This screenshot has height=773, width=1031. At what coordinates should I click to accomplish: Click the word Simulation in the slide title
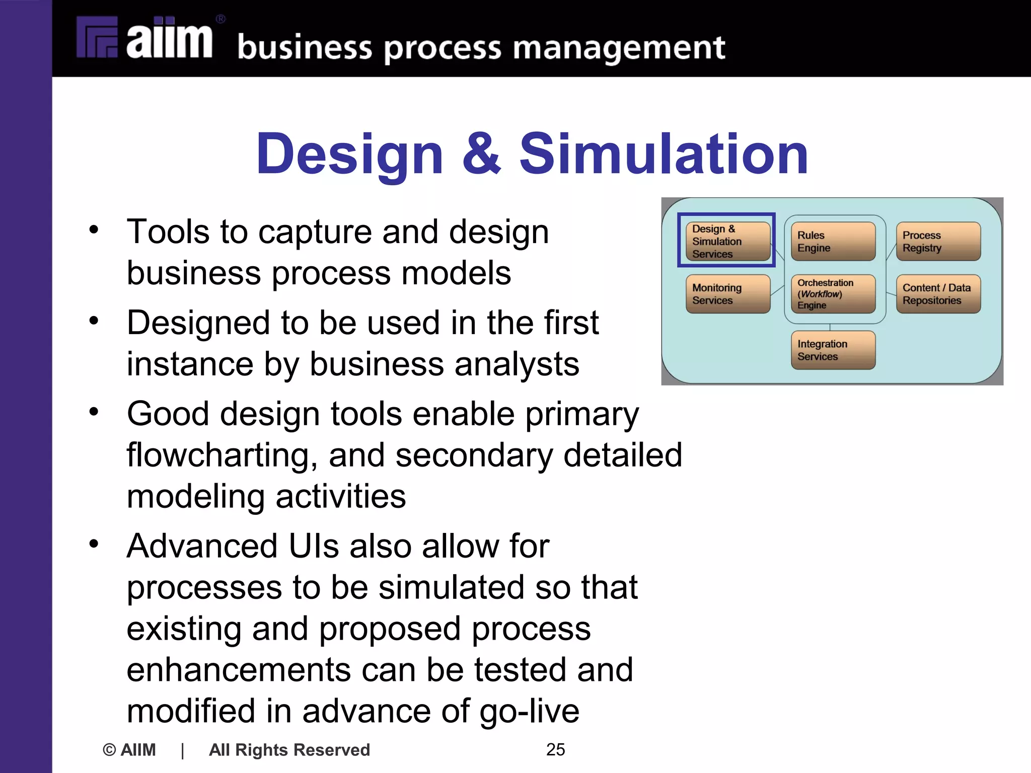click(x=664, y=153)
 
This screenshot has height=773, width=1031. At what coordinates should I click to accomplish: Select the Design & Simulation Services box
click(x=727, y=241)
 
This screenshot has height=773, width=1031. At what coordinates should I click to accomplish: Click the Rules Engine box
click(x=833, y=242)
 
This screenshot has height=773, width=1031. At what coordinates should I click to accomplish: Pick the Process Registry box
click(x=938, y=242)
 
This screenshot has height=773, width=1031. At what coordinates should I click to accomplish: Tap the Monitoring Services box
click(x=727, y=294)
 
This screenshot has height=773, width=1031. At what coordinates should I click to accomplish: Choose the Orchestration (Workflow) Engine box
click(x=833, y=294)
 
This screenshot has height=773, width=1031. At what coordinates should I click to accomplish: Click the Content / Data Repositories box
click(x=938, y=294)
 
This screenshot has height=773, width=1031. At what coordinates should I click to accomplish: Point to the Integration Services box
click(x=833, y=350)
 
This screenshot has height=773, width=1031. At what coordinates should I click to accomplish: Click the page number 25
click(x=555, y=749)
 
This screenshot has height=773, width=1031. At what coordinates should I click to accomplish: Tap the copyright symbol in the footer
click(x=109, y=750)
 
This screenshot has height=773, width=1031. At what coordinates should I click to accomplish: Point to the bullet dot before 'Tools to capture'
click(x=94, y=230)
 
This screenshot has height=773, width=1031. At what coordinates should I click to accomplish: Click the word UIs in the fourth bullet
click(x=314, y=546)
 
